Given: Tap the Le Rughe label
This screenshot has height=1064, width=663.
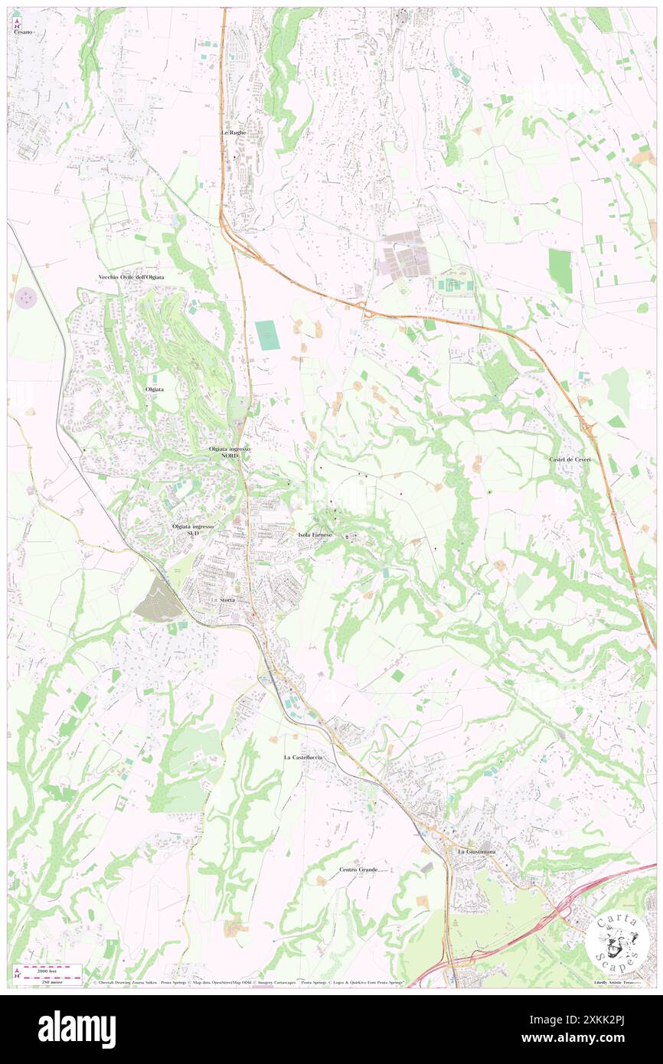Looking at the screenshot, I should tap(234, 132).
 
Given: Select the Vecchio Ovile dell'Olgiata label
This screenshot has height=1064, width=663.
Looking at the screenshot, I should tap(131, 276).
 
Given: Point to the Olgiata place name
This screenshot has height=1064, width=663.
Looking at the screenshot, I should tap(155, 389).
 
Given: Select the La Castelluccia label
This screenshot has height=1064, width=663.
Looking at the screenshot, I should tap(303, 757).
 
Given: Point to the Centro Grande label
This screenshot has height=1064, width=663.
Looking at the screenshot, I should tap(358, 870).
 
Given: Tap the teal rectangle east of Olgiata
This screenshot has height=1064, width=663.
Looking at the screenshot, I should tap(267, 335).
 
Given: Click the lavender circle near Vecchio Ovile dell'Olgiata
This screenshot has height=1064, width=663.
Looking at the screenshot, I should tap(27, 296).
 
